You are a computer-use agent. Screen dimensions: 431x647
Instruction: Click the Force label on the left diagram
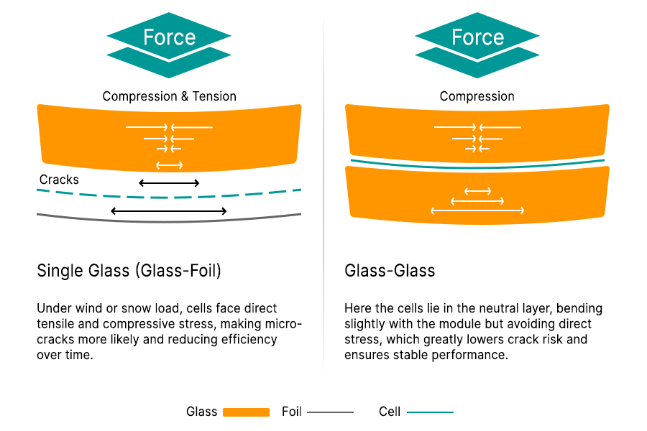click(x=169, y=37)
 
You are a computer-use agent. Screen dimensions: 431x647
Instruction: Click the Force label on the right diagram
click(x=477, y=37)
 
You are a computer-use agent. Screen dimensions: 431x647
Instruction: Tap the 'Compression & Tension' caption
click(x=169, y=96)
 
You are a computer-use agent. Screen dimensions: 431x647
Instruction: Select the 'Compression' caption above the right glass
click(x=477, y=96)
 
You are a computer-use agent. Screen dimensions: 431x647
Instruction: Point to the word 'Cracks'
click(x=59, y=180)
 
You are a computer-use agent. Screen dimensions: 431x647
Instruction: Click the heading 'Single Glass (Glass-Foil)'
click(x=129, y=271)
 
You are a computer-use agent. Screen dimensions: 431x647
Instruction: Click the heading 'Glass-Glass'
click(x=390, y=271)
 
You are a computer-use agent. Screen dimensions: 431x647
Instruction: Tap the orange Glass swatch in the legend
click(x=246, y=412)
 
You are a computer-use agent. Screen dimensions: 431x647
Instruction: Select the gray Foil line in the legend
click(x=330, y=412)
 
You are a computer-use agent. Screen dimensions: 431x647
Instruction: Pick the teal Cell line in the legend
click(x=430, y=412)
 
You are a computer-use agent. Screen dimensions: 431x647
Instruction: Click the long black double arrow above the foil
click(x=169, y=211)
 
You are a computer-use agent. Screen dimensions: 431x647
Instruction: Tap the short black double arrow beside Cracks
click(x=169, y=183)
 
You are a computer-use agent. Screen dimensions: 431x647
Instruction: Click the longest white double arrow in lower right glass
click(x=477, y=210)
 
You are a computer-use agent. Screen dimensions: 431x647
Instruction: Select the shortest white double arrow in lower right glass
click(x=477, y=191)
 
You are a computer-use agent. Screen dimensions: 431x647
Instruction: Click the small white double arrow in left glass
click(x=169, y=166)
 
